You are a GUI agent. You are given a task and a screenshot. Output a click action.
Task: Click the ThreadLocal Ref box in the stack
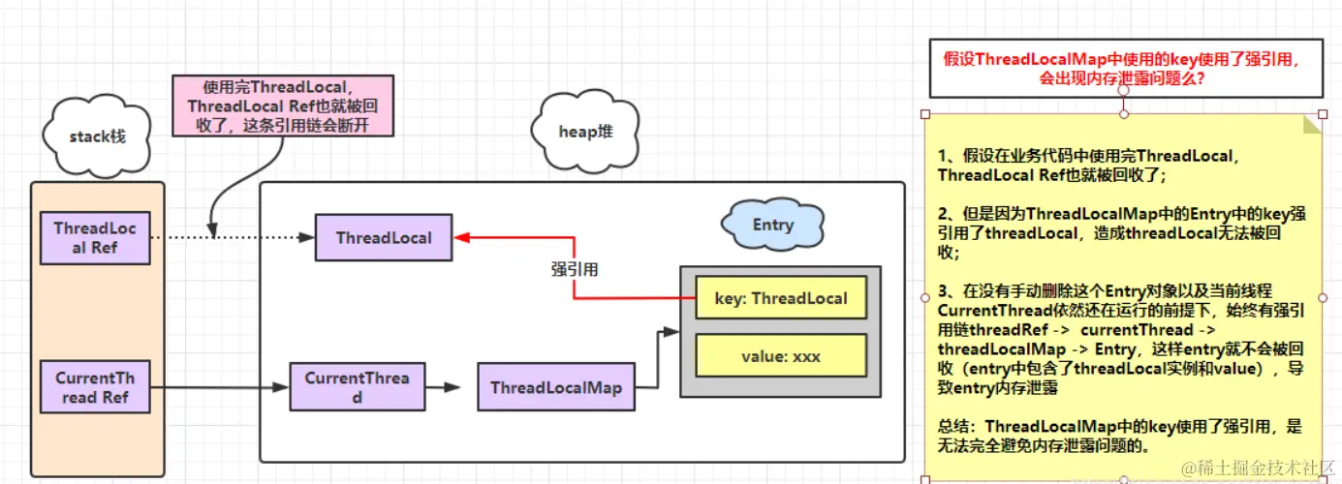point(95,238)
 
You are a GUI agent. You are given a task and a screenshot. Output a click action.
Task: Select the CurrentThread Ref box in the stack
point(95,387)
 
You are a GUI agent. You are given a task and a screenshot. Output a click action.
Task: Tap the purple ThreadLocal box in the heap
point(384,237)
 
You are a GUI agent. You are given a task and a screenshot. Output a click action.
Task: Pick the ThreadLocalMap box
point(555,387)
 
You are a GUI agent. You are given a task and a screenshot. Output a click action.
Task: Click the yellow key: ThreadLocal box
point(780,298)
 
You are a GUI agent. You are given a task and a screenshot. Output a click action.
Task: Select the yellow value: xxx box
point(780,356)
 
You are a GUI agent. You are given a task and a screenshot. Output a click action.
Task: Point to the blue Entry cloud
point(772,226)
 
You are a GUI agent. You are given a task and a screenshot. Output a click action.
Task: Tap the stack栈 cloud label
point(97,136)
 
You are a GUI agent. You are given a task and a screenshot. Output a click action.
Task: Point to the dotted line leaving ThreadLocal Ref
point(233,237)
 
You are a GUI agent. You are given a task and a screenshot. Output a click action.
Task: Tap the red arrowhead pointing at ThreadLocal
point(462,237)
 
